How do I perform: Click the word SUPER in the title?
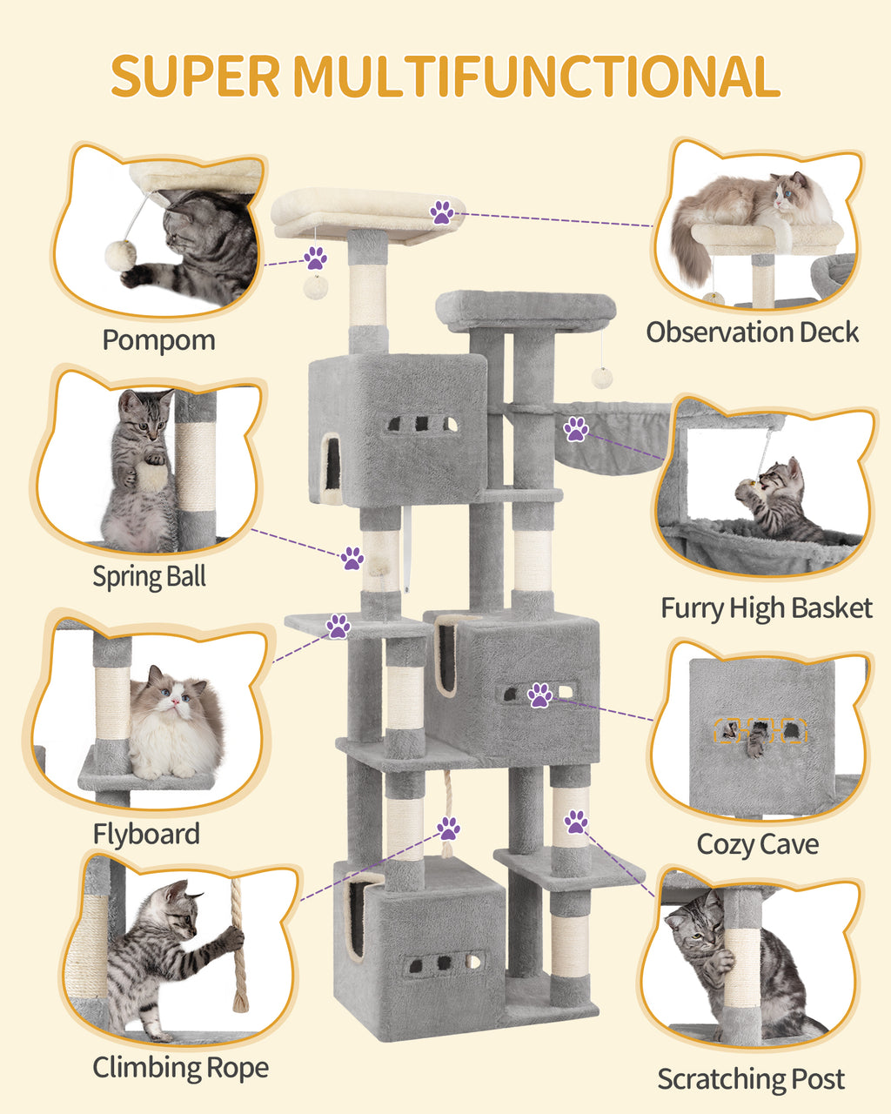click(x=195, y=76)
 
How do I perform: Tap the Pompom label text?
click(x=158, y=339)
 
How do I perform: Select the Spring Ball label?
click(x=150, y=576)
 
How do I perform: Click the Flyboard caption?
click(x=146, y=834)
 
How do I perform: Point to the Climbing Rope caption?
click(x=180, y=1067)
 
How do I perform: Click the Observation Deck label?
click(x=752, y=332)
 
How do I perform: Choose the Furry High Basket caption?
click(x=766, y=607)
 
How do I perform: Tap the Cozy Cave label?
click(x=757, y=844)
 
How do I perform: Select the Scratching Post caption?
click(x=750, y=1079)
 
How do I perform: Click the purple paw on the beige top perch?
click(x=442, y=211)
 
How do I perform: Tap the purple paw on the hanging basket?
click(x=575, y=428)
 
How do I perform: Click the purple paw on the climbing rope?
click(x=449, y=828)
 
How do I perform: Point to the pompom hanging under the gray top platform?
click(x=601, y=377)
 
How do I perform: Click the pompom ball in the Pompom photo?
click(x=120, y=253)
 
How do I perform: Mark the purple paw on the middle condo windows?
click(x=540, y=695)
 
